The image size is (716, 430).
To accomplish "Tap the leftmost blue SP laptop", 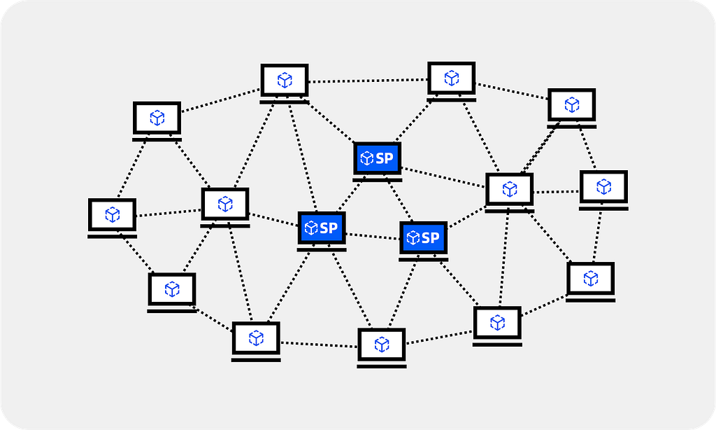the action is (322, 231).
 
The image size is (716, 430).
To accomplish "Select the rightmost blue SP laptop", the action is (423, 241).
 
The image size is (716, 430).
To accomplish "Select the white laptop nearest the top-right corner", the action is (572, 109).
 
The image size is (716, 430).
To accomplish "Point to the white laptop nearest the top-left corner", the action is (157, 121).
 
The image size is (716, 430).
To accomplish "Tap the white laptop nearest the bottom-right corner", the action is (590, 282).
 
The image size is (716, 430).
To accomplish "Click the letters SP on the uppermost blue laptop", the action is (385, 158).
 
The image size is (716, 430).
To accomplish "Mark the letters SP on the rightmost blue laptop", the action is (430, 238).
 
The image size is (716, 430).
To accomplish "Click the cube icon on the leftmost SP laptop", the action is (311, 228).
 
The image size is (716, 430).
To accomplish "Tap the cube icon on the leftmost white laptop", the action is (113, 214).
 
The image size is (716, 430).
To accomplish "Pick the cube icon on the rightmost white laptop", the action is (603, 186).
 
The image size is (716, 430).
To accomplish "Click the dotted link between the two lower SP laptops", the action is (373, 236).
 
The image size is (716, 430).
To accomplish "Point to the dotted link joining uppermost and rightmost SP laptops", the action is (401, 201).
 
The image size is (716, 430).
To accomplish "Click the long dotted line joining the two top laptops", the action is (368, 81).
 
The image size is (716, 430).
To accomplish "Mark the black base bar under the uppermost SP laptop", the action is (378, 180).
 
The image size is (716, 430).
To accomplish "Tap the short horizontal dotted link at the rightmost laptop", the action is (557, 192).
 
